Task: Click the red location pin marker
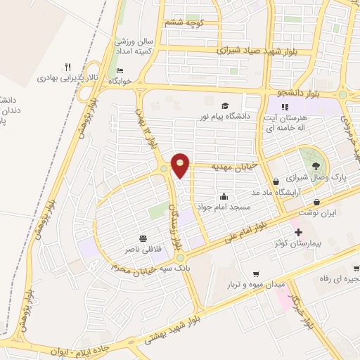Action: (x=181, y=164)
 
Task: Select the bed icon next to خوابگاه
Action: (x=120, y=70)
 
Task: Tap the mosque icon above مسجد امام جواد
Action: (x=224, y=197)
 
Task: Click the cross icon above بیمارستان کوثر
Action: (x=298, y=233)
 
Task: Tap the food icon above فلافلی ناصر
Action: (x=143, y=238)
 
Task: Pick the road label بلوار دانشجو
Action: (x=290, y=93)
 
